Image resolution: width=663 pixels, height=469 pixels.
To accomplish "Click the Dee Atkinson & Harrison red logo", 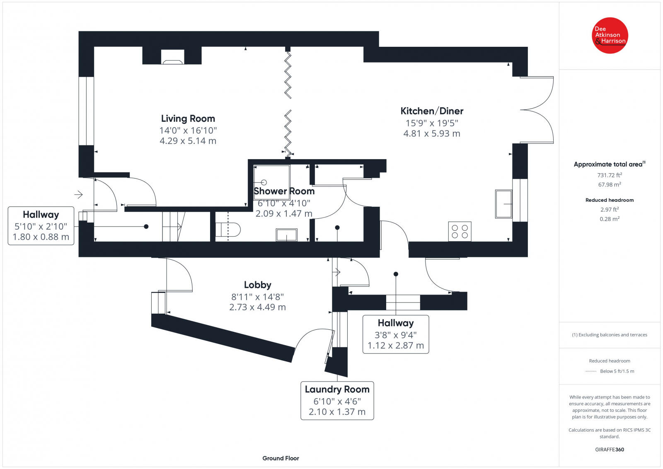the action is tap(610, 36).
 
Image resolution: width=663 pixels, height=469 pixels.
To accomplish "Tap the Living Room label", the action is tap(188, 118).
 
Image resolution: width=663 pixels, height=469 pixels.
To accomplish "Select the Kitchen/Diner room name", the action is tap(432, 111).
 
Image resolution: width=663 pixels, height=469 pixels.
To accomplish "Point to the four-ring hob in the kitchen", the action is tap(460, 232).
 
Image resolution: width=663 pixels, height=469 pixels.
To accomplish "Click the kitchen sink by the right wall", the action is tap(503, 204).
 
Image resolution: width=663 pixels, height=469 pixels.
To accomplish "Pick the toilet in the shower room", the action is tap(228, 230).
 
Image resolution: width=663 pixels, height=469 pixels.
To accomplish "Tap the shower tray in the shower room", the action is tap(272, 183).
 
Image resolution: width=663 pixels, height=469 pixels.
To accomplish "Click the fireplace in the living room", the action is tap(172, 57).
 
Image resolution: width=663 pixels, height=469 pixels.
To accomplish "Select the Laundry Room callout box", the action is tap(337, 400).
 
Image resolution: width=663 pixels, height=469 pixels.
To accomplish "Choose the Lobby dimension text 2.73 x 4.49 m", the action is tap(257, 307).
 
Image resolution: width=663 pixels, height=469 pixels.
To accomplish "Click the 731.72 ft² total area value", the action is tap(610, 175).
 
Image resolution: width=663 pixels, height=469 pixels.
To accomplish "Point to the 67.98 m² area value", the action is tap(610, 185).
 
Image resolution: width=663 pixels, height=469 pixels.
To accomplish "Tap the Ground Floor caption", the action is tap(281, 458).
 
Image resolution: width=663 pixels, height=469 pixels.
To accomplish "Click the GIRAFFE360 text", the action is tap(610, 450).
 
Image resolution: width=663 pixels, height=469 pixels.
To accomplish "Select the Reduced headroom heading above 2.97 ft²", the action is tap(610, 200).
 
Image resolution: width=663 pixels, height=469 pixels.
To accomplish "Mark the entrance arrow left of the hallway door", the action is tap(78, 195).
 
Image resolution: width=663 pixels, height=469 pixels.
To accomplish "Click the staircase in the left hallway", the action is tap(174, 226).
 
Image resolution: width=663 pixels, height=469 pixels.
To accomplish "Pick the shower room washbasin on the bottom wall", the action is tap(286, 235).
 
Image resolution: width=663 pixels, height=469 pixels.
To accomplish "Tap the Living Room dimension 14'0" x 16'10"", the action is tap(188, 130).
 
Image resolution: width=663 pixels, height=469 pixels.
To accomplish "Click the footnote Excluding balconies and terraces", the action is tap(610, 335).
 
